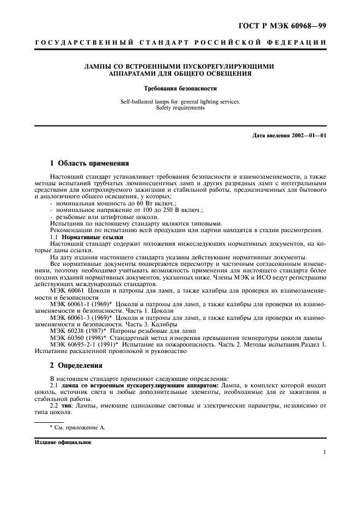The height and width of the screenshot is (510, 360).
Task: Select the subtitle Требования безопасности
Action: (x=180, y=88)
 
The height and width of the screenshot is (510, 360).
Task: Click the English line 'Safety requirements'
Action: (x=180, y=107)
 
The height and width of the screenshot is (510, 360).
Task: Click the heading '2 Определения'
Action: (x=76, y=365)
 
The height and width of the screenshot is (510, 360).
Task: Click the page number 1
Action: (x=325, y=452)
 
